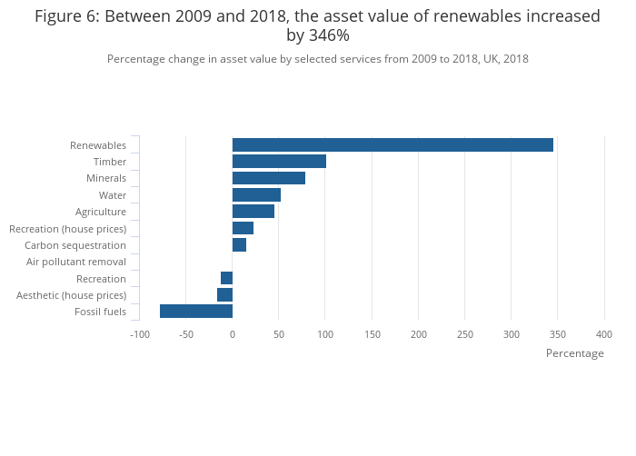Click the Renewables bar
pos(393,145)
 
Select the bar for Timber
pos(279,162)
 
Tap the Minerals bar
pos(269,178)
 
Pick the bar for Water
pos(256,195)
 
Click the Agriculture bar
pos(253,212)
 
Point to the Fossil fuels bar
pos(196,312)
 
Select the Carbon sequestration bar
pos(239,245)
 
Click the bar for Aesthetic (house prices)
pos(225,295)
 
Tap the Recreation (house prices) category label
pos(67,229)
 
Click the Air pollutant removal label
pos(76,262)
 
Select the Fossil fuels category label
pos(100,312)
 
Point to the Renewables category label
pos(98,145)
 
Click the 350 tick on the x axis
pos(558,334)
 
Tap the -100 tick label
pos(139,334)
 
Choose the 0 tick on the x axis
pos(233,334)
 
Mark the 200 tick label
pos(418,334)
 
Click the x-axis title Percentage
pos(574,353)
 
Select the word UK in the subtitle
pos(484,59)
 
